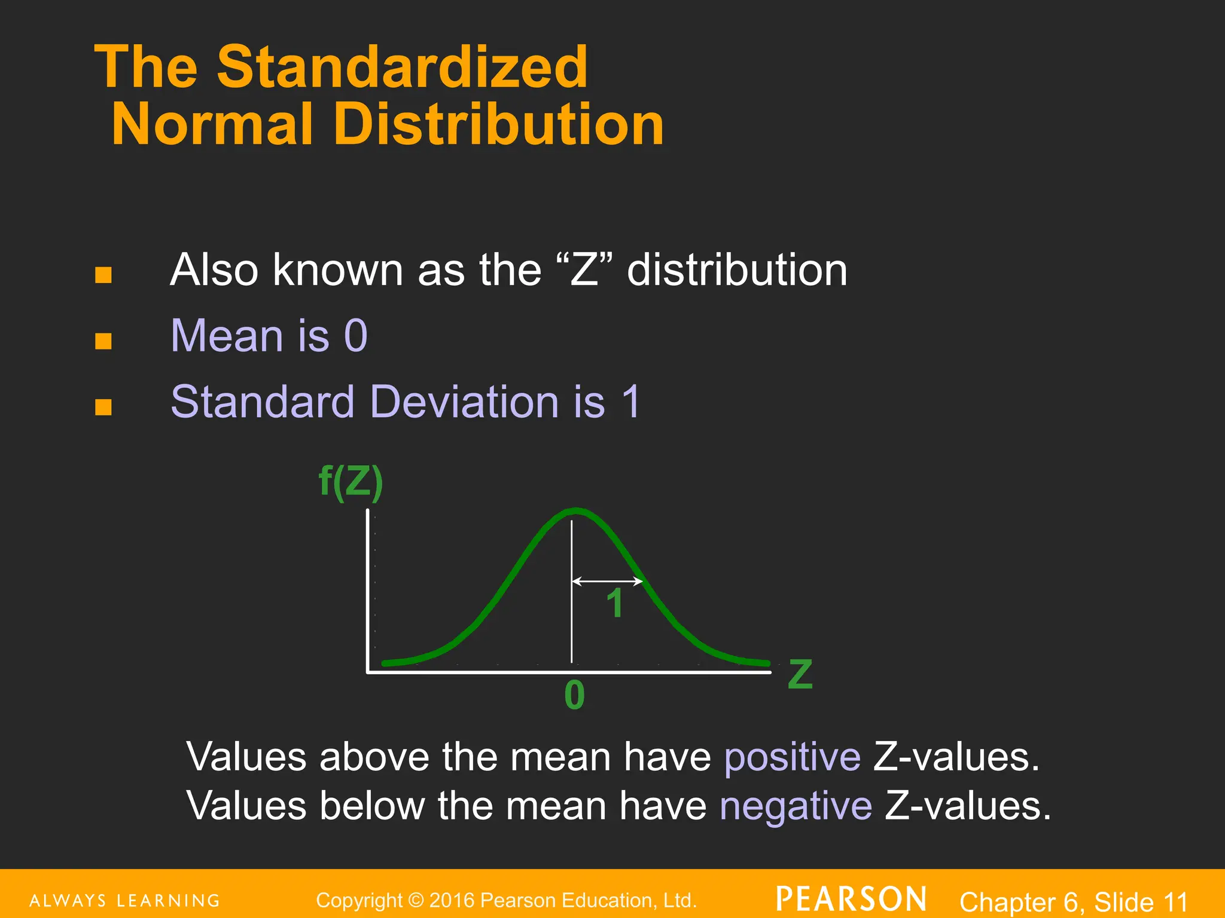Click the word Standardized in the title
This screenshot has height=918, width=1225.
402,67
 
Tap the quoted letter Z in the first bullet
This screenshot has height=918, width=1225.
584,270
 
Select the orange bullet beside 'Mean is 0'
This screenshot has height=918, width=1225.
103,341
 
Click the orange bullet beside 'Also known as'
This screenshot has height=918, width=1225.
103,275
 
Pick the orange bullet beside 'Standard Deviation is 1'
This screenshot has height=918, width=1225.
103,407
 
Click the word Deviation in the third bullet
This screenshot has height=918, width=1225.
464,401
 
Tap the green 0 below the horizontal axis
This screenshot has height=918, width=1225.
574,696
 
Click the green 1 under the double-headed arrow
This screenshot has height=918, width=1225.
615,604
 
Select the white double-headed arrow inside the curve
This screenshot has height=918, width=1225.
607,581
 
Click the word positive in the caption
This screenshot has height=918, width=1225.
793,757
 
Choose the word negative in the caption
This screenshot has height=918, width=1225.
796,806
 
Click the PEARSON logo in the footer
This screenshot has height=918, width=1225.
851,899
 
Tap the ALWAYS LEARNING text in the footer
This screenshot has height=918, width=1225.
125,901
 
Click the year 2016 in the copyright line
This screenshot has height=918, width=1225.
452,900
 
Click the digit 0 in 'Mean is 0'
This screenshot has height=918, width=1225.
356,335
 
